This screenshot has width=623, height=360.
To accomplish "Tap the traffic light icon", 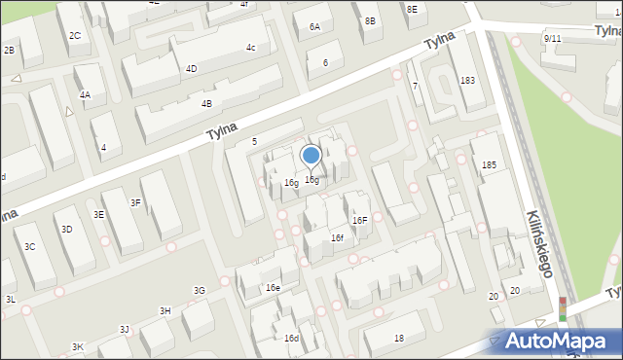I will [562, 308].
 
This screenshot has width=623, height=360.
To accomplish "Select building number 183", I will [467, 80].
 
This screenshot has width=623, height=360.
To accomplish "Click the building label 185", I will [489, 166].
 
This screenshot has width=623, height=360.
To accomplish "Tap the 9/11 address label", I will [552, 39].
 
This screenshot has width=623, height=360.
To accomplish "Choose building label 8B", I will [370, 20].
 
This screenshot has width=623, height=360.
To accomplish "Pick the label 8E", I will [412, 9].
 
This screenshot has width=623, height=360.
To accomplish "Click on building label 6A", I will [314, 27].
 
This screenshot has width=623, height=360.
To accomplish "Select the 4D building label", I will [191, 69].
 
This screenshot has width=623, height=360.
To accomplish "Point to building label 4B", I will [206, 104].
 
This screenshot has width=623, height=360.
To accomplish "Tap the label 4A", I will [86, 95].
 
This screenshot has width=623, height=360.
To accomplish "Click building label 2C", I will [75, 36].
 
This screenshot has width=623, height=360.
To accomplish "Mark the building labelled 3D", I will [66, 230].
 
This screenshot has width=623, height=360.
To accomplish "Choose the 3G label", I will [200, 290].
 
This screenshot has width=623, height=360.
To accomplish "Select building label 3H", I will [165, 310].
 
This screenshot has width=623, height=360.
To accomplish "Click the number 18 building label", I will [399, 338].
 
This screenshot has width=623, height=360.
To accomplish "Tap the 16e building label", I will [273, 288].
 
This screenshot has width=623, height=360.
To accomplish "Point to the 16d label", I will [291, 338].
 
